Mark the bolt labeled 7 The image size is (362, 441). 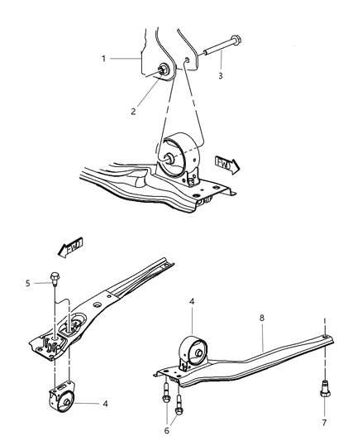coord(324,388)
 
